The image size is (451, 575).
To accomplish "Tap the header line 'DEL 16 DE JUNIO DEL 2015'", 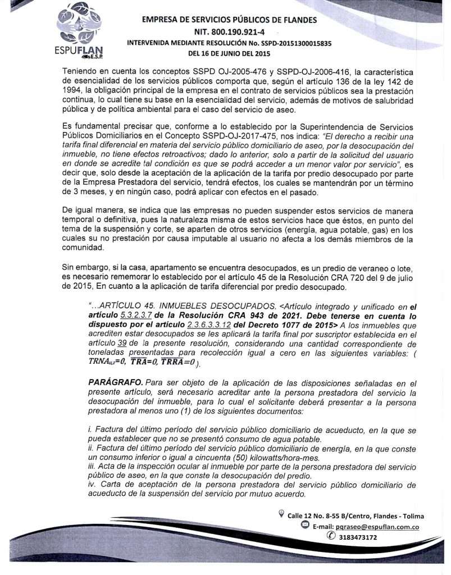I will (x=229, y=54).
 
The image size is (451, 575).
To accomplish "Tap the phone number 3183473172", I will (x=355, y=537).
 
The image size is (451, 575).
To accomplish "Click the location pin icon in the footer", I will (x=281, y=514).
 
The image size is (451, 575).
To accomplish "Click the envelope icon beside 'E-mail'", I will (x=305, y=526).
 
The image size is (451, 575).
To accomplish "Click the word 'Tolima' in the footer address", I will (x=412, y=516).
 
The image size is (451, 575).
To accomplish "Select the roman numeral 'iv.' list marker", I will (x=93, y=484).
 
